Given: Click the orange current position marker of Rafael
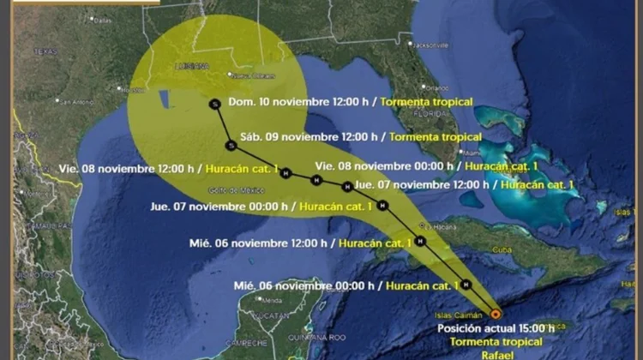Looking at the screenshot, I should click(x=495, y=314).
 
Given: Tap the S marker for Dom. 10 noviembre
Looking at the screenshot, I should click(x=213, y=104).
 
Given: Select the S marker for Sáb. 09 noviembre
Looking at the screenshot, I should click(x=231, y=145).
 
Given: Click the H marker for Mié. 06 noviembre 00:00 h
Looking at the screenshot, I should click(x=466, y=284).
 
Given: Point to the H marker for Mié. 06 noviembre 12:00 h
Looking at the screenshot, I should click(x=420, y=241).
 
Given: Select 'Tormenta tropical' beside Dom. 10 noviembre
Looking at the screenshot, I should click(x=426, y=102).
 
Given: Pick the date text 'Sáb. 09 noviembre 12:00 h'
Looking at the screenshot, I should click(x=313, y=136).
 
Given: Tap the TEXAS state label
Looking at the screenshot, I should click(x=45, y=51).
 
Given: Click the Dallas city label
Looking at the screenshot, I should click(x=101, y=19).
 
